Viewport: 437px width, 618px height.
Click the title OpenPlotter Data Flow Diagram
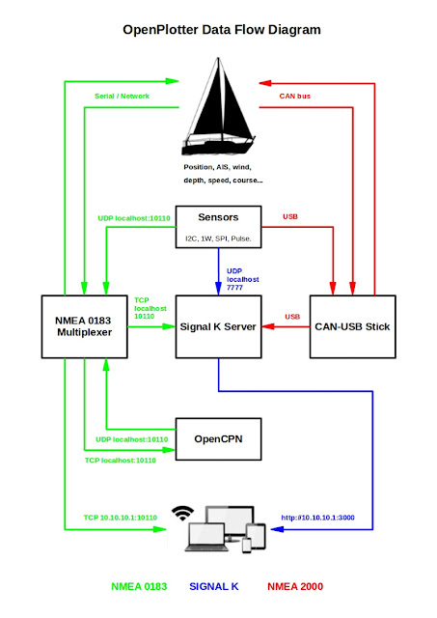coord(221,30)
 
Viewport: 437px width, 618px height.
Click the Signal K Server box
coord(217,326)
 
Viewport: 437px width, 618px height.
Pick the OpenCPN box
coord(217,437)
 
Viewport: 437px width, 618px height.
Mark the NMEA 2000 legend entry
coord(294,586)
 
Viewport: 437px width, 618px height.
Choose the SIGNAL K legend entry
coord(213,586)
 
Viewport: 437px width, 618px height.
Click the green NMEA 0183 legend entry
coord(139,586)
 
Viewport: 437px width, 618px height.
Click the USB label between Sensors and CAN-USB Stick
coord(289,216)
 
